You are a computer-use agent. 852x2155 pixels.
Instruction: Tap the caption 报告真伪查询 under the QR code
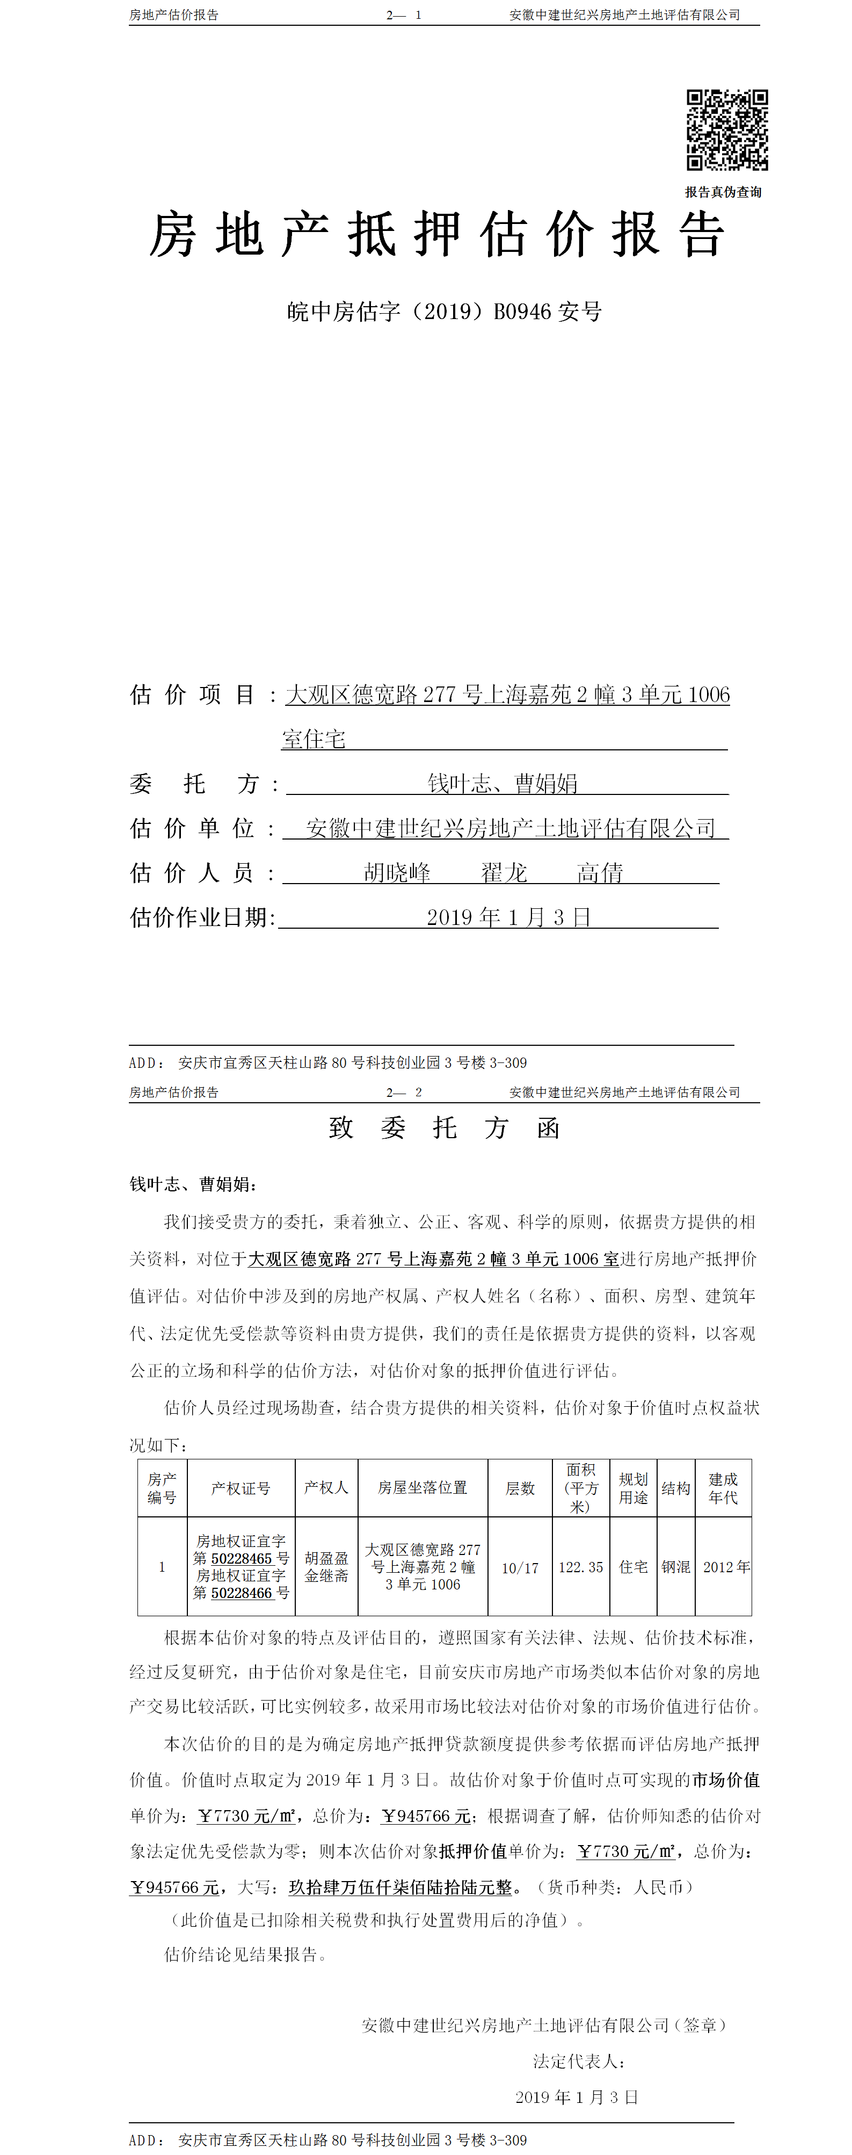coord(723,192)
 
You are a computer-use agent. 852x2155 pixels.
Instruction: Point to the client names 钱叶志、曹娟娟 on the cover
coord(503,784)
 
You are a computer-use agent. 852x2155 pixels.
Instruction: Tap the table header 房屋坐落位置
coord(422,1487)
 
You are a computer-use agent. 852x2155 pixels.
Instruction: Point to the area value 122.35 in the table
coord(580,1567)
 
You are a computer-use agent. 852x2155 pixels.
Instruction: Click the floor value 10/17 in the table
coord(520,1568)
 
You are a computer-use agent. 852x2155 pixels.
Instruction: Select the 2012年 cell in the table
coord(726,1567)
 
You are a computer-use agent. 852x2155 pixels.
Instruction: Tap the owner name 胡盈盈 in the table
coord(326,1559)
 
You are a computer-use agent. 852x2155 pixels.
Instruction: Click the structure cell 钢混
coord(675,1567)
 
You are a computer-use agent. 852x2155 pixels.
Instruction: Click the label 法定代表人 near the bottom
coord(579,2062)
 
